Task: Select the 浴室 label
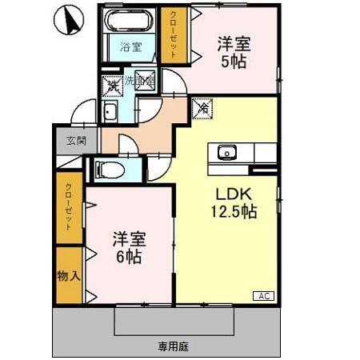coord(131,46)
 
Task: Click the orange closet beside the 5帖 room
coord(172,34)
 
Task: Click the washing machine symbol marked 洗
coord(109,83)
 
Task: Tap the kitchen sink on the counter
coord(226,151)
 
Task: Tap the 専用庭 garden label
coord(171,346)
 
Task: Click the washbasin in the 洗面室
coord(109,111)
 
